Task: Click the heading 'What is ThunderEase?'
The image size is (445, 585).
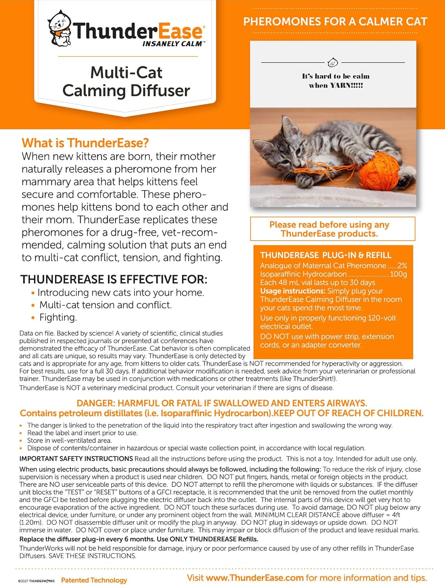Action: coord(85,143)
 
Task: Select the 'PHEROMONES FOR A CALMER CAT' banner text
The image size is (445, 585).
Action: coord(335,21)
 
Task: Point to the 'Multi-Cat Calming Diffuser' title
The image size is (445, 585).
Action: coord(126,82)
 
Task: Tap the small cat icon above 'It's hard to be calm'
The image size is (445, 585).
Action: coord(333,62)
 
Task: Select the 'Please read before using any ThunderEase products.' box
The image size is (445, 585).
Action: coord(332,229)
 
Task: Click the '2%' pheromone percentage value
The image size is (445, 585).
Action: coord(402,266)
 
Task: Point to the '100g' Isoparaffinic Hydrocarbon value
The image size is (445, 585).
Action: coord(399,274)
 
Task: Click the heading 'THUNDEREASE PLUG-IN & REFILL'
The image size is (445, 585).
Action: coord(325,255)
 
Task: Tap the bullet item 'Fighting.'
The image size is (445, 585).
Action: coord(58,317)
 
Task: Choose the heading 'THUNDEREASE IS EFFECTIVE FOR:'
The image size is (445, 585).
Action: coord(114,279)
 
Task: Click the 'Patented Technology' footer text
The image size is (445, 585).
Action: coord(94,580)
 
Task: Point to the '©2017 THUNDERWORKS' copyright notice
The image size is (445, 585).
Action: coord(36,581)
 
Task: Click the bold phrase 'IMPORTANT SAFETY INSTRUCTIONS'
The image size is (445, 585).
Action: coord(76,459)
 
